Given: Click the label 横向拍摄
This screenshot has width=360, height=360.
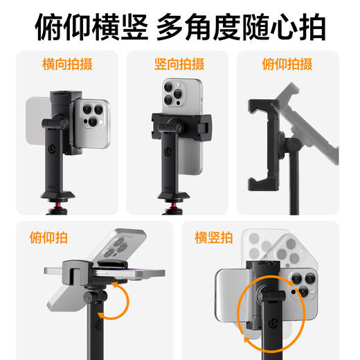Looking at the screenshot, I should coord(68,65).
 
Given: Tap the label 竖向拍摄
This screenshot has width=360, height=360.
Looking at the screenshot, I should coord(179,65).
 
